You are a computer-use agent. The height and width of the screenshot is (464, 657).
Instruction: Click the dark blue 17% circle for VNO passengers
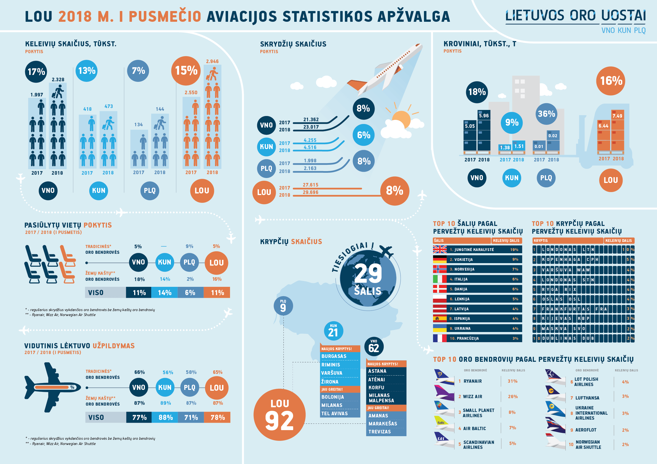pyautogui.click(x=36, y=72)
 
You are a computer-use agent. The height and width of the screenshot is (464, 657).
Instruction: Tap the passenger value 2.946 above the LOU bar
pyautogui.click(x=212, y=61)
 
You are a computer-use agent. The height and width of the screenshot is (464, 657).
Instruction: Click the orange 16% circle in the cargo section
pyautogui.click(x=611, y=81)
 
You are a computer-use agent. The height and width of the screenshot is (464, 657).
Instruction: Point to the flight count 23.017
pyautogui.click(x=311, y=127)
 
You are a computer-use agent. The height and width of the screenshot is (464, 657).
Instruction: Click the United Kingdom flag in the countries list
pyautogui.click(x=440, y=250)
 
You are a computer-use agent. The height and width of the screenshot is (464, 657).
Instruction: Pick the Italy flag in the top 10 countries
pyautogui.click(x=440, y=279)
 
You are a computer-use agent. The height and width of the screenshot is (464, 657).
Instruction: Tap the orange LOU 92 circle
pyautogui.click(x=280, y=414)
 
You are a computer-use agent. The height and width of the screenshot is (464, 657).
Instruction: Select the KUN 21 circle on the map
pyautogui.click(x=333, y=331)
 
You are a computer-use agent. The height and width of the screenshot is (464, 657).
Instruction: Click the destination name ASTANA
pyautogui.click(x=377, y=371)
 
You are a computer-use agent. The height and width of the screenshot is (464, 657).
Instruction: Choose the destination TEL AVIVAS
pyautogui.click(x=334, y=414)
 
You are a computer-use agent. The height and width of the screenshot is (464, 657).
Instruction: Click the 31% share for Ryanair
pyautogui.click(x=512, y=381)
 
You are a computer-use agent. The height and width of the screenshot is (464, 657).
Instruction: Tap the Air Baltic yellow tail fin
pyautogui.click(x=441, y=421)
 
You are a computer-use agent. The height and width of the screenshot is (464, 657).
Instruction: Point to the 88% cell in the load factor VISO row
pyautogui.click(x=165, y=417)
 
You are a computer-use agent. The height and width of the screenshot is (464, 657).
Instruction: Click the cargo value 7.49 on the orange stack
pyautogui.click(x=617, y=116)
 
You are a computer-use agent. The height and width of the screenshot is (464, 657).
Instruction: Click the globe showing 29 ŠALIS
pyautogui.click(x=368, y=278)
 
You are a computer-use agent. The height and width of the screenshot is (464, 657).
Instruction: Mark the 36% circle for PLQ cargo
pyautogui.click(x=546, y=114)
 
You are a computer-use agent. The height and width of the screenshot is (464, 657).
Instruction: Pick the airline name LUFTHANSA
pyautogui.click(x=587, y=398)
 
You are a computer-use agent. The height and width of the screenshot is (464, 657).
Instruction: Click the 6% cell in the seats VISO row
pyautogui.click(x=191, y=293)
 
